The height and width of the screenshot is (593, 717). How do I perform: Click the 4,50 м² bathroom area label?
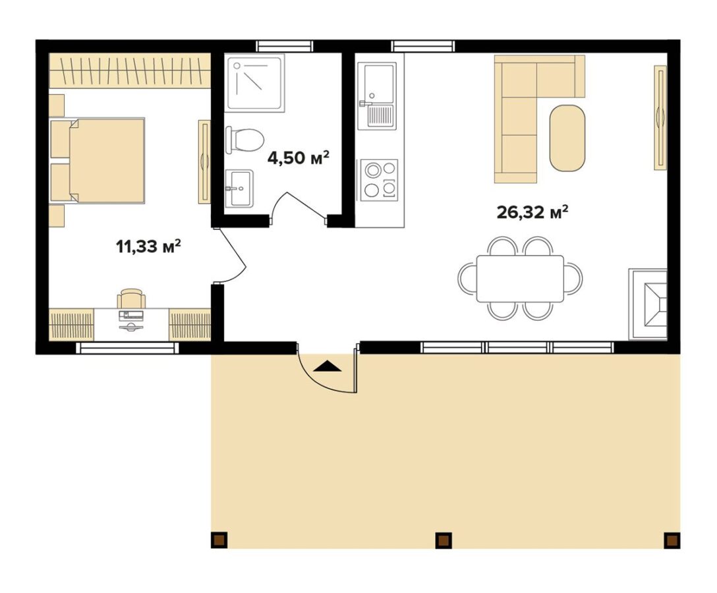pos(298,158)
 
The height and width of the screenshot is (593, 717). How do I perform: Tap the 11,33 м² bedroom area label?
pos(148,246)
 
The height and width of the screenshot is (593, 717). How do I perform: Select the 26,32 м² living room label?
pos(532,212)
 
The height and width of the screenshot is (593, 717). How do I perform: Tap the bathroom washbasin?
pos(239,188)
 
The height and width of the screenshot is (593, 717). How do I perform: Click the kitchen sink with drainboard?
pos(377,96)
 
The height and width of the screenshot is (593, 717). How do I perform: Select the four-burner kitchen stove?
pos(379,180)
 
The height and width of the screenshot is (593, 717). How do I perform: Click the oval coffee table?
pos(567,138)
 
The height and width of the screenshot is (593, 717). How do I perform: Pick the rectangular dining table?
pos(520,279)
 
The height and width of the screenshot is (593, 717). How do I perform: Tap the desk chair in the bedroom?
pos(131,298)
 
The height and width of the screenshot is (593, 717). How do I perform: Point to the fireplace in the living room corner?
pos(648,304)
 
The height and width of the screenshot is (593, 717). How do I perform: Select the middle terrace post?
pos(443,540)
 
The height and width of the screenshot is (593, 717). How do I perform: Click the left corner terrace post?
pos(219,540)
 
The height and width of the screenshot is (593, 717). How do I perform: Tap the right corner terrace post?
pos(672,540)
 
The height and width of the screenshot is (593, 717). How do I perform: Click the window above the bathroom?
pos(285,46)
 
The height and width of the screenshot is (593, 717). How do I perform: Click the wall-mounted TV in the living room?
pos(660,117)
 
